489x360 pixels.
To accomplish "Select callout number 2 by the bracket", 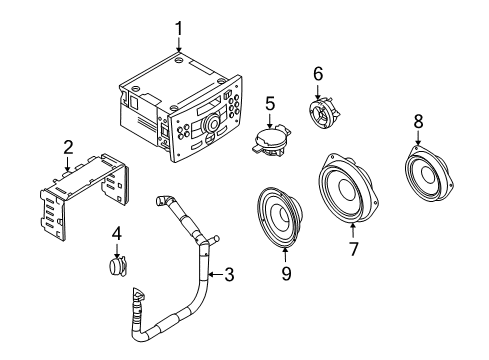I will [x=68, y=148].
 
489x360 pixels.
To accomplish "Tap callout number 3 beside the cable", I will [x=229, y=274].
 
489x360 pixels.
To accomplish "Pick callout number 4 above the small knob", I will [x=117, y=236].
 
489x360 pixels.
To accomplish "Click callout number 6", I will [x=319, y=73].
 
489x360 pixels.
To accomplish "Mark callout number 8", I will [x=418, y=121].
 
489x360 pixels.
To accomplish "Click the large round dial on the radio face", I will [x=211, y=123].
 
